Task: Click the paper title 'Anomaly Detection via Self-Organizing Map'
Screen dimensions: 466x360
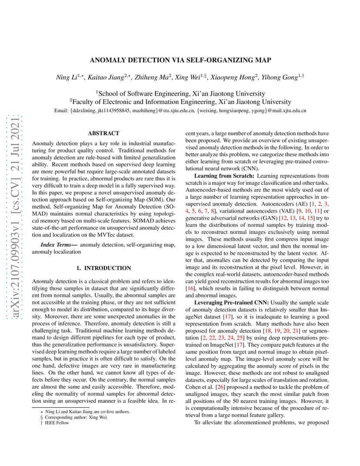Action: pyautogui.click(x=180, y=60)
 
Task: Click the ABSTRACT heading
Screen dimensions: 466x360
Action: pyautogui.click(x=103, y=133)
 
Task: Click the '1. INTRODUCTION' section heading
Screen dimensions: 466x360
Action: pyautogui.click(x=103, y=268)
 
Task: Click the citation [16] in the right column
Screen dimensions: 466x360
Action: pyautogui.click(x=190, y=288)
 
